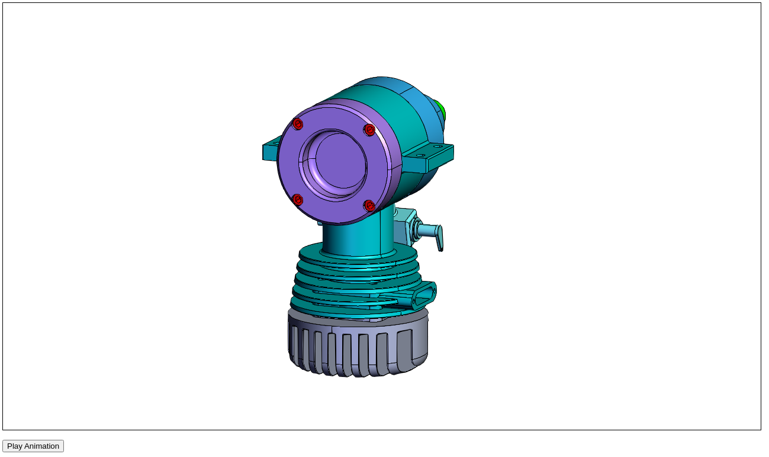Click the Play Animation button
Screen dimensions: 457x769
click(x=33, y=446)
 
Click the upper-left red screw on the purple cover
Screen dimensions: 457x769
click(x=298, y=123)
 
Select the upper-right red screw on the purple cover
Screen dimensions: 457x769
click(x=369, y=130)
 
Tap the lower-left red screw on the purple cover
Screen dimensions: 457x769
click(x=298, y=200)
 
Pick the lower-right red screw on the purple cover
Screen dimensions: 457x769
click(x=369, y=206)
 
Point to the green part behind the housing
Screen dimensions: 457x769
click(x=440, y=110)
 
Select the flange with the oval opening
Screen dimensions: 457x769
click(x=424, y=294)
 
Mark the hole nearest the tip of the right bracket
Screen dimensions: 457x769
click(x=437, y=146)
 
